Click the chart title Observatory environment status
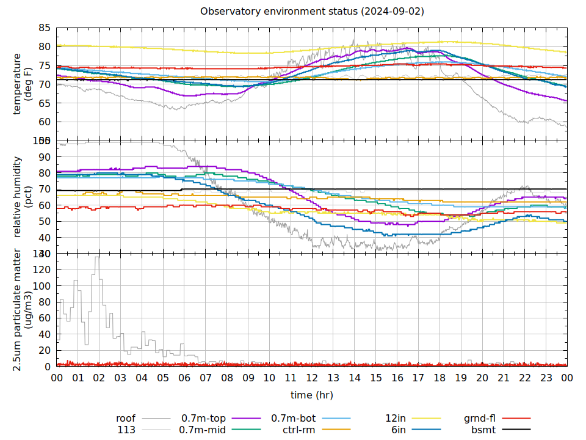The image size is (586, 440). [312, 12]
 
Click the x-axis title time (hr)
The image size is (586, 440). [312, 395]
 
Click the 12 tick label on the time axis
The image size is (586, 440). [312, 378]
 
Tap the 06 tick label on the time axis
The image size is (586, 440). [184, 378]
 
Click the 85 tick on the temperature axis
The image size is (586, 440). [44, 28]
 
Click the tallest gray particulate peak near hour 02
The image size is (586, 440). [96, 258]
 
